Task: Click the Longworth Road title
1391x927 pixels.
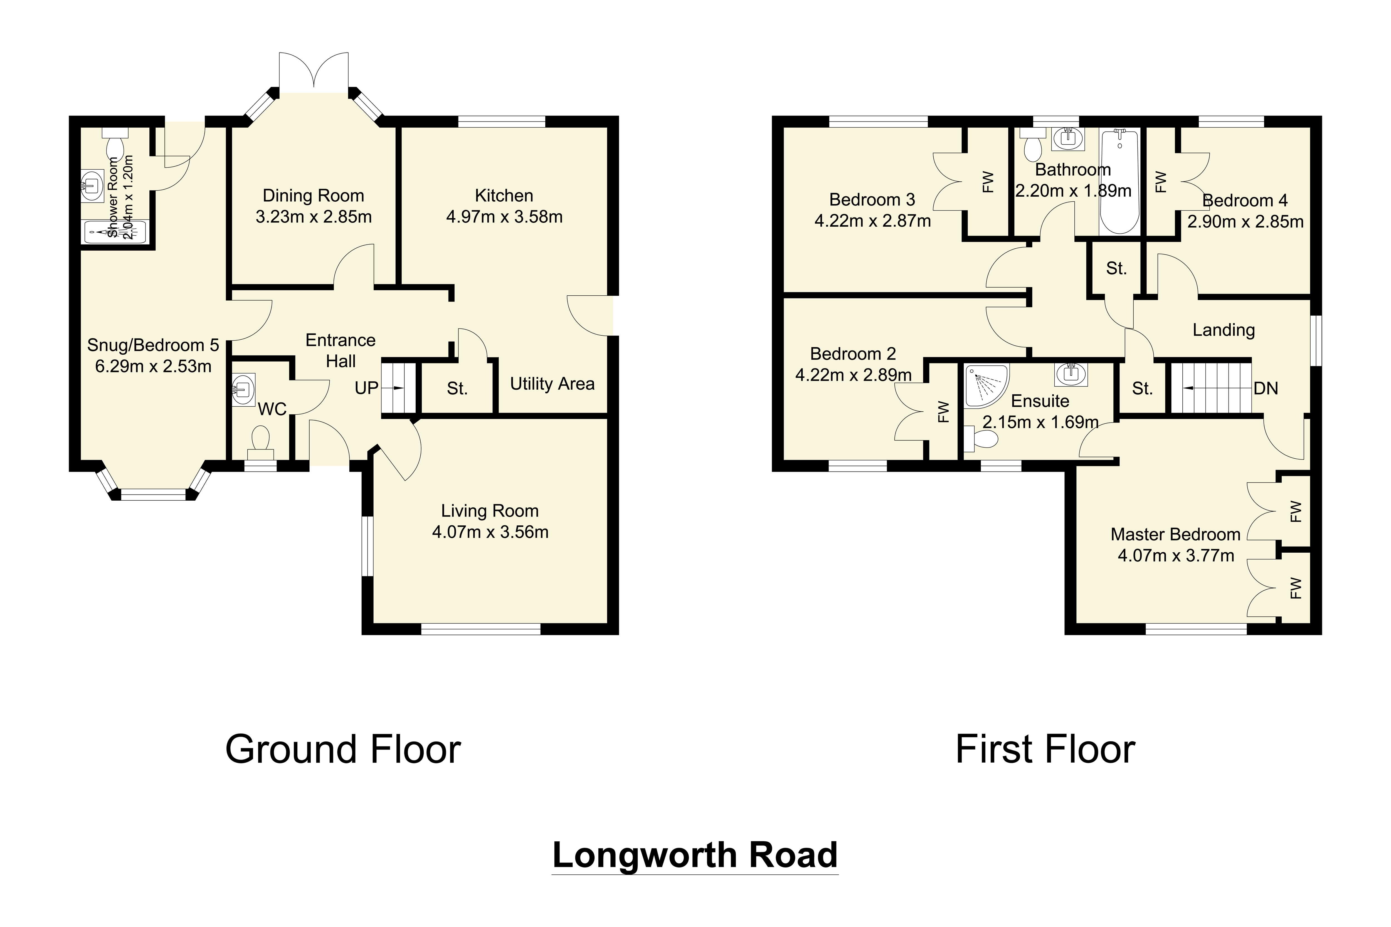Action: click(x=695, y=855)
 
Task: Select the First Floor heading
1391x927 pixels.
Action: click(x=1045, y=750)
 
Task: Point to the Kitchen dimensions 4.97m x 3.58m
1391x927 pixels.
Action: click(x=504, y=217)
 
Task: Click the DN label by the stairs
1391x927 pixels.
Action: click(x=1266, y=389)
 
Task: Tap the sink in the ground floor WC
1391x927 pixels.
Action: click(x=243, y=389)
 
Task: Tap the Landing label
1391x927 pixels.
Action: click(x=1223, y=330)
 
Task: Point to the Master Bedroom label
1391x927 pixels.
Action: click(x=1175, y=535)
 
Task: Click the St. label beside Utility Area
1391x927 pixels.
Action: click(x=457, y=389)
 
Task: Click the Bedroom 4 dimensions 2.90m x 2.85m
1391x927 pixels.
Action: click(x=1245, y=222)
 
